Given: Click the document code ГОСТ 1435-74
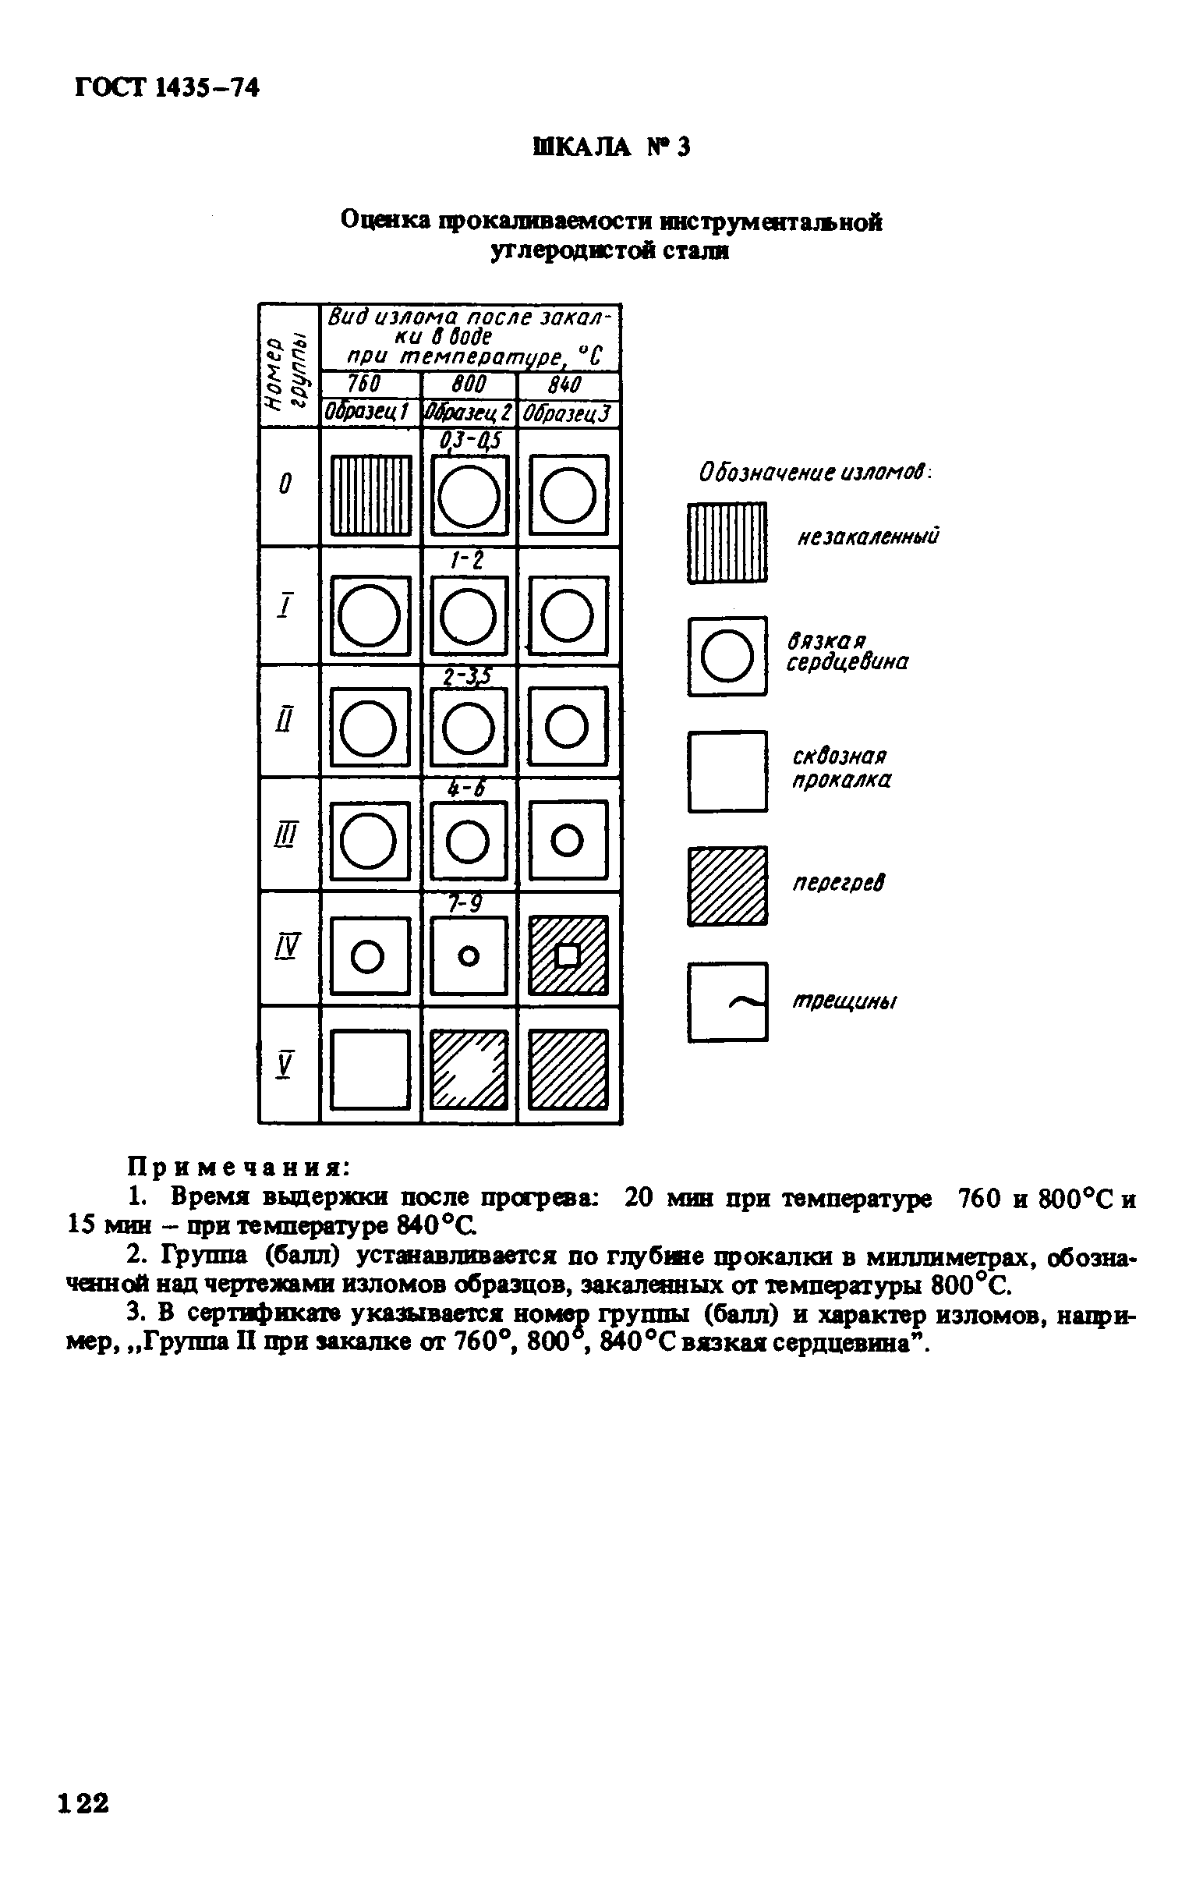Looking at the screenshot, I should [x=166, y=88].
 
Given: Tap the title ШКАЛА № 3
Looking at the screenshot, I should [x=612, y=147].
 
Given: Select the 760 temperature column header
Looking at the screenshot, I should [x=364, y=385].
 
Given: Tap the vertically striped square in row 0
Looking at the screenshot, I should [x=370, y=495].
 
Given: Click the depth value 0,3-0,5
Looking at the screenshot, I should [x=470, y=441].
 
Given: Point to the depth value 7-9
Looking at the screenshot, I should [x=468, y=904].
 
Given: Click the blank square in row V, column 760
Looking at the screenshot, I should [x=370, y=1069].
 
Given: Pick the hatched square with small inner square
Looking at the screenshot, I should [x=568, y=955].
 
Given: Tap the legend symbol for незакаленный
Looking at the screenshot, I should [x=727, y=543].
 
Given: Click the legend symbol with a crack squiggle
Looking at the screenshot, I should [x=727, y=1001].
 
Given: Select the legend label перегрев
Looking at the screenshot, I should [x=838, y=884].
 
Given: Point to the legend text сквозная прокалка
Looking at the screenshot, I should [x=840, y=769].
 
